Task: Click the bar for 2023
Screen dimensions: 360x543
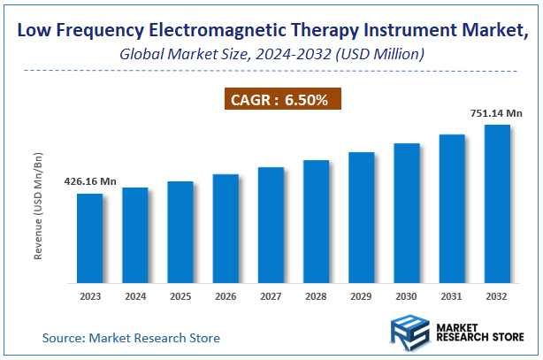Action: tap(89, 238)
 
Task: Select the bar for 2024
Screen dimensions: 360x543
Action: tap(134, 235)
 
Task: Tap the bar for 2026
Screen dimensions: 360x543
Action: tap(226, 228)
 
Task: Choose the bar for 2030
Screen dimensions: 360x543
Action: tap(406, 213)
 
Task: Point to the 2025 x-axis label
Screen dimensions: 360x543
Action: tap(180, 297)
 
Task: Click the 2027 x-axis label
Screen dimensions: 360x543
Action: tap(271, 297)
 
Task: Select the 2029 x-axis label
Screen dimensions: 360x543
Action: tap(361, 297)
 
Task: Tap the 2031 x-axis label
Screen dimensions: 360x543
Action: tap(452, 297)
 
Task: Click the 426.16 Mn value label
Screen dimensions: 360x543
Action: tap(89, 181)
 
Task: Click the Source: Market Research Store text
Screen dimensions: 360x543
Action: tap(131, 338)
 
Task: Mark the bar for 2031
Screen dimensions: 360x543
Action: tap(452, 209)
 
